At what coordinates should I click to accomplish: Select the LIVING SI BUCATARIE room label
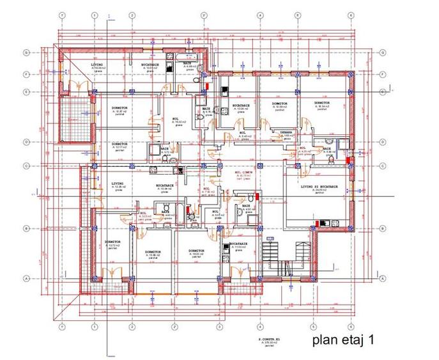click(319, 187)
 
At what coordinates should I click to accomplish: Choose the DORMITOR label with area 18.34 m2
click(321, 103)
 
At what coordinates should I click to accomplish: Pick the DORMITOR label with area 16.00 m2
click(191, 252)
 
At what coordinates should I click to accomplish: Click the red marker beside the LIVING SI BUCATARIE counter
click(314, 221)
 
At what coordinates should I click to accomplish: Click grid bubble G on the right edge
click(381, 52)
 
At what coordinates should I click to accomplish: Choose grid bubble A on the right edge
click(381, 278)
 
